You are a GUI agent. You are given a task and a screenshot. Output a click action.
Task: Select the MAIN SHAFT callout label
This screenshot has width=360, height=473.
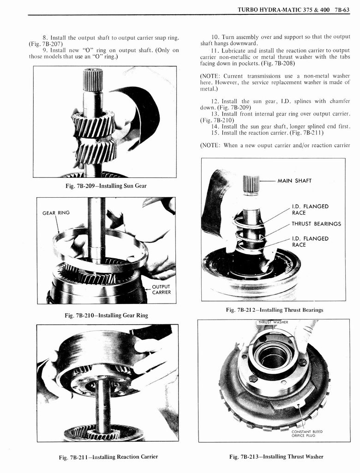point(294,181)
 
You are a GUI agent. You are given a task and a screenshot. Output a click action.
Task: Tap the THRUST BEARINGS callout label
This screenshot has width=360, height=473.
point(316,224)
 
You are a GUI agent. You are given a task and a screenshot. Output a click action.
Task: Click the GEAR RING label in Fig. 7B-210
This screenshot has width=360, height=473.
point(56,213)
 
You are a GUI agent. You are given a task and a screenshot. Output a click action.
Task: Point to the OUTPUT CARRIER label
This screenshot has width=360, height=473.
point(162,289)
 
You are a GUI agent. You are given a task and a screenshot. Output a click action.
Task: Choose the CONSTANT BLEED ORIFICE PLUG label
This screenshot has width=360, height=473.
point(307,434)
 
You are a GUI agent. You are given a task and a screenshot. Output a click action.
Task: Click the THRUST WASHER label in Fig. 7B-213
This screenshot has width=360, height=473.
point(273,322)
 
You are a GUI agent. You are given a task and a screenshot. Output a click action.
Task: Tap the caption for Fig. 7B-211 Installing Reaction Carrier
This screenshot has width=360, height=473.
point(108,457)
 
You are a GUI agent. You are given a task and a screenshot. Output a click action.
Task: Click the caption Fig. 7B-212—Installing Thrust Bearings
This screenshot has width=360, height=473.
point(274,310)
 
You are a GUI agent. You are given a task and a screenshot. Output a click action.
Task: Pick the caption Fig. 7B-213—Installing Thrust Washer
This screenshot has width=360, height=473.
point(276,457)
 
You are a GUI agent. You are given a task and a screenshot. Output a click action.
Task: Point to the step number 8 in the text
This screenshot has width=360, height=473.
point(45,37)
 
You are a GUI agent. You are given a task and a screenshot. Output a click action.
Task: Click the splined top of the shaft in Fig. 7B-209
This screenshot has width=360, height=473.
point(93,80)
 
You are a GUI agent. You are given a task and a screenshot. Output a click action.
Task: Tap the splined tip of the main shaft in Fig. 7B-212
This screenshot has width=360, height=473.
point(251,184)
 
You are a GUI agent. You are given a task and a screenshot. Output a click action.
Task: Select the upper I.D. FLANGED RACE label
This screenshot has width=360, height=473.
point(310,210)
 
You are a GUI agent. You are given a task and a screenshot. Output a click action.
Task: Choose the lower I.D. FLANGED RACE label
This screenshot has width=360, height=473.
point(310,242)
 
